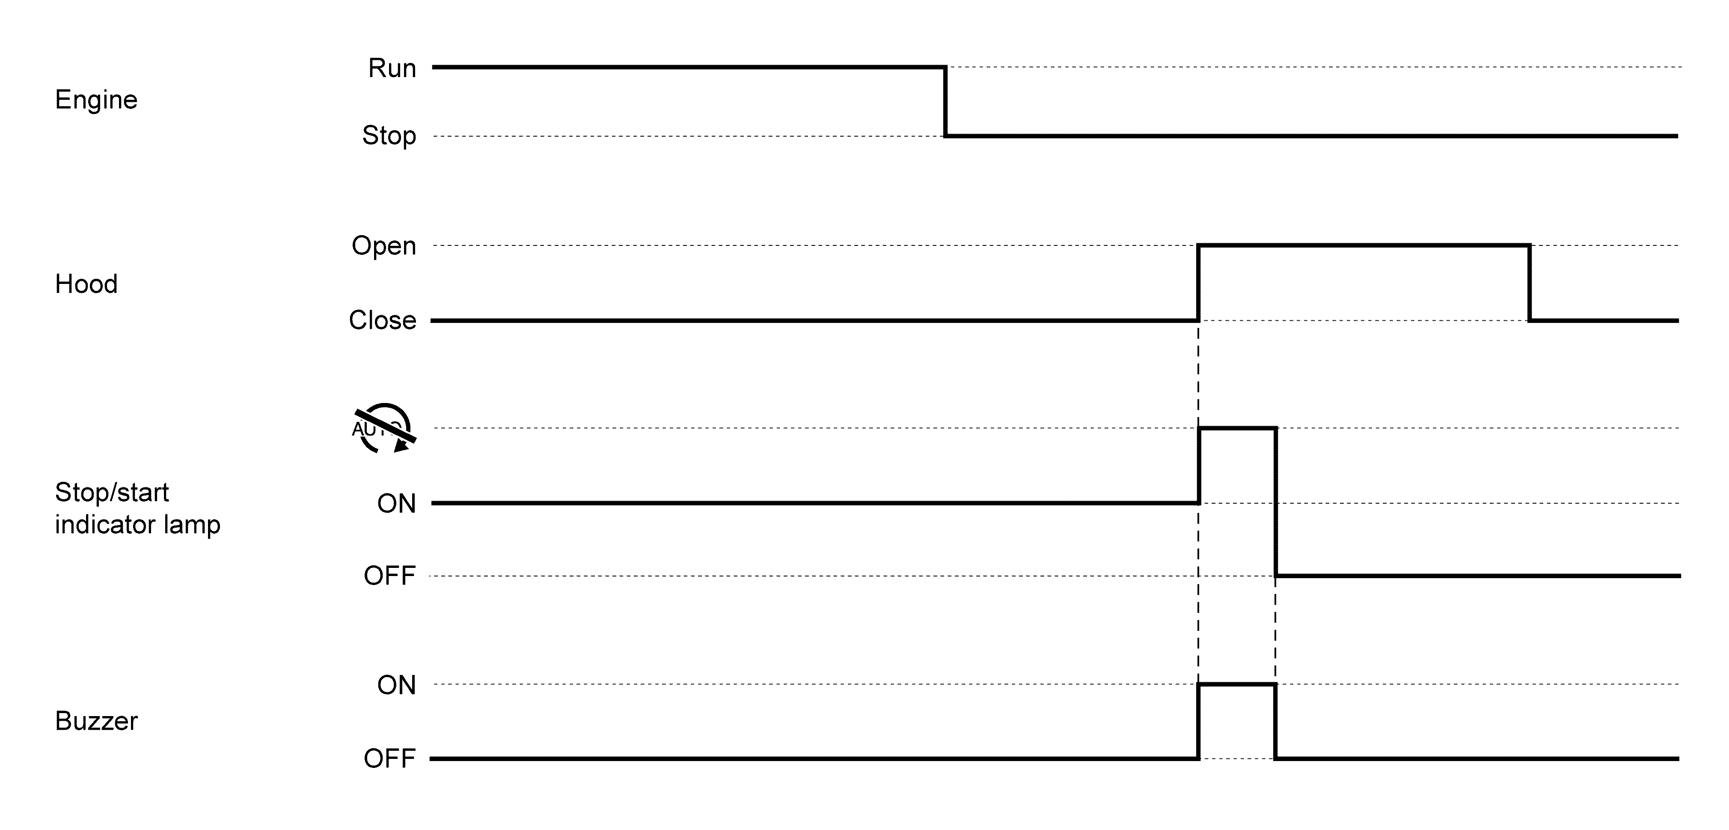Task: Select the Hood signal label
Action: point(86,284)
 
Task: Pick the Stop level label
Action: point(389,136)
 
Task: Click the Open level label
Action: point(384,246)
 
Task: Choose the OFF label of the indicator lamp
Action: point(389,576)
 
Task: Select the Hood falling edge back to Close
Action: point(1530,283)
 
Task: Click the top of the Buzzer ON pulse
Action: point(1237,685)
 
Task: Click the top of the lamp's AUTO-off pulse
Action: point(1237,428)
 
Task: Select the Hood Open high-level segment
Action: point(1363,246)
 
